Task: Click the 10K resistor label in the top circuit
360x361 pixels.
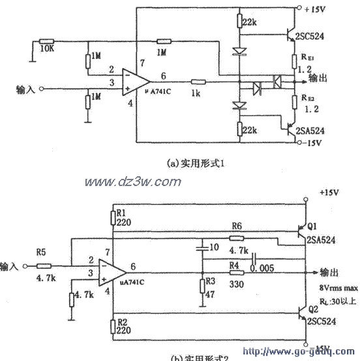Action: click(x=47, y=49)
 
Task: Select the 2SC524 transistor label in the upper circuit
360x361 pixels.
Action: click(x=317, y=37)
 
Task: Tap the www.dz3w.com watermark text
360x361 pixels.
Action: click(x=130, y=182)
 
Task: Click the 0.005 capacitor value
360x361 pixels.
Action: click(x=261, y=267)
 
